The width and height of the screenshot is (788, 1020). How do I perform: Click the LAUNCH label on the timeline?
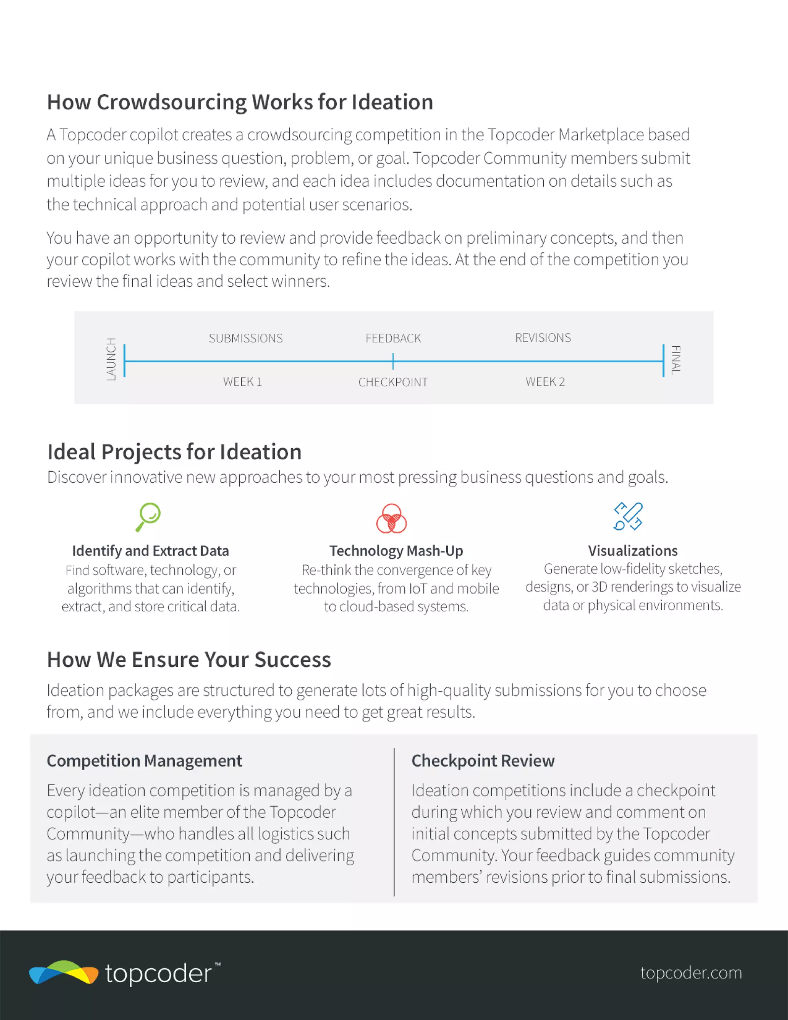[111, 359]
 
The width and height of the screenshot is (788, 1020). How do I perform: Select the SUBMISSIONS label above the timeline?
[246, 338]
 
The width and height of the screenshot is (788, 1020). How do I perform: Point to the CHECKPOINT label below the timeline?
[393, 382]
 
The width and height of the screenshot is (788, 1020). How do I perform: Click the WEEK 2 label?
[545, 382]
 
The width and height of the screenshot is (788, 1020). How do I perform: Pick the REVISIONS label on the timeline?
[543, 338]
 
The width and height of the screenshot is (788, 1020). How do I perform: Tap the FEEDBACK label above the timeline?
[393, 338]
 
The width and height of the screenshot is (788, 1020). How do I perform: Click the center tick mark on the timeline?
[393, 361]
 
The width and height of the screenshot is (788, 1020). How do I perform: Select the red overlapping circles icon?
[391, 518]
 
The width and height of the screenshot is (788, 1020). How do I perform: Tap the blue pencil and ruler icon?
[628, 516]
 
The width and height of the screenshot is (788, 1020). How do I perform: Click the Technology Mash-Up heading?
[396, 551]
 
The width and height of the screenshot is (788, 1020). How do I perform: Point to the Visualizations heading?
[633, 551]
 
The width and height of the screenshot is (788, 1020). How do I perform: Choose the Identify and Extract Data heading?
[150, 551]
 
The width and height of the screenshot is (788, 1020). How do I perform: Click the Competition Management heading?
[144, 761]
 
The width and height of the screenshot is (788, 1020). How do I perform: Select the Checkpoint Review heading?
[482, 761]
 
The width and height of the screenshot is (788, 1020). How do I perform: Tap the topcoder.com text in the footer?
[691, 973]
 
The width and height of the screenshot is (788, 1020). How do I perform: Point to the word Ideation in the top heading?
[392, 102]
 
